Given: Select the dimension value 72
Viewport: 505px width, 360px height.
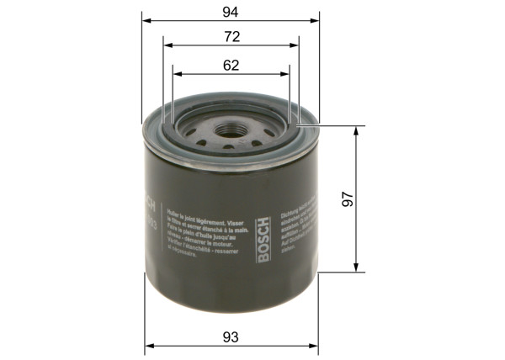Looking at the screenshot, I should tap(231, 36).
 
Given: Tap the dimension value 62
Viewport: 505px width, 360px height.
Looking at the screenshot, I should tap(231, 65).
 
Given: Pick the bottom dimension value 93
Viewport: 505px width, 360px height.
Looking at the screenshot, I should tap(231, 336).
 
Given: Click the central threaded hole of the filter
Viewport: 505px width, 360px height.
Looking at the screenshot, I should tap(231, 132).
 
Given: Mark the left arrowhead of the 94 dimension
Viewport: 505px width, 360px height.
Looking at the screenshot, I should tap(146, 19).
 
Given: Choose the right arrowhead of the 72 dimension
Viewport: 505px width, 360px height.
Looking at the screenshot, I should tap(296, 45).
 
